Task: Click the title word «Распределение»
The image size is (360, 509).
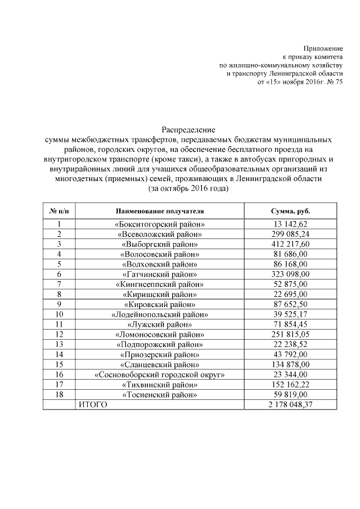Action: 188,130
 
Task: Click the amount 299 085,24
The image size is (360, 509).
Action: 290,234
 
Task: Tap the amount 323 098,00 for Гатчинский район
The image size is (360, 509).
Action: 290,274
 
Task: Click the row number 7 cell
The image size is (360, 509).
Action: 59,284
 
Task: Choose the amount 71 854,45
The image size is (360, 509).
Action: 290,324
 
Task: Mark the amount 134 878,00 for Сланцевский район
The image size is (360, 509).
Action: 290,364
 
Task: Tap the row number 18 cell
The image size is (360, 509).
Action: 59,394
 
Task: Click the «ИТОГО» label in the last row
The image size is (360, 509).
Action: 92,404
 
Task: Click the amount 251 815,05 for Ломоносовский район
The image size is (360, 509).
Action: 290,334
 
